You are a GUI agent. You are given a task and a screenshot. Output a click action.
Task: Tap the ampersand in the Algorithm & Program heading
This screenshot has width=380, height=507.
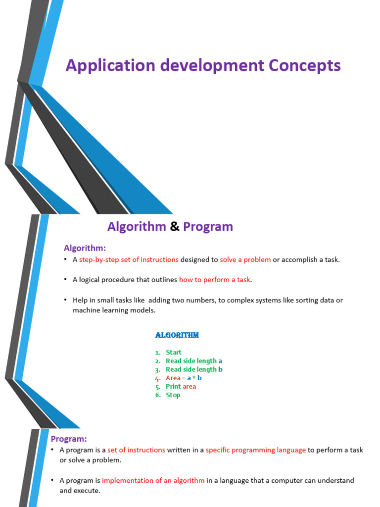coord(174,227)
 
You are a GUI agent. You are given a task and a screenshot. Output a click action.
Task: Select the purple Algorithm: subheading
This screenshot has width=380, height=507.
coord(85,248)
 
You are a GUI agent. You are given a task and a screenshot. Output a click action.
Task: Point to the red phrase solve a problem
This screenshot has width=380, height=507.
coord(245,259)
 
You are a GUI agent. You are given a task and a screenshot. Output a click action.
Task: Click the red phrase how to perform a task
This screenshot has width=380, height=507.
coord(215,280)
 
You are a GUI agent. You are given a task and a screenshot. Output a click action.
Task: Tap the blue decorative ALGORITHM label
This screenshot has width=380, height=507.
coord(177,335)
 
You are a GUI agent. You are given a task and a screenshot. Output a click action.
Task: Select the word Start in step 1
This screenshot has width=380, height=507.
coord(174,353)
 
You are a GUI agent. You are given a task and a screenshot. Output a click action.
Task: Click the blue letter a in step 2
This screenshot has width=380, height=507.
coord(220,361)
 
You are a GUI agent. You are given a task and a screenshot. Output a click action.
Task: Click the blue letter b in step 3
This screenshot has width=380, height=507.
coord(220,369)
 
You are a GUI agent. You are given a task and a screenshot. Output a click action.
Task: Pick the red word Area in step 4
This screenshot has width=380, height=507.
coord(173,378)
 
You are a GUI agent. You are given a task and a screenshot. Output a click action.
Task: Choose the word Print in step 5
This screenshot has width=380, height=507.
coord(173,386)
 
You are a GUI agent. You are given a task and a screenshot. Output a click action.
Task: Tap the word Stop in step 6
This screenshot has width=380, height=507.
coord(173,395)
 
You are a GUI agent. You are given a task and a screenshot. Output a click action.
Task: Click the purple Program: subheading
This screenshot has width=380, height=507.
coord(69,439)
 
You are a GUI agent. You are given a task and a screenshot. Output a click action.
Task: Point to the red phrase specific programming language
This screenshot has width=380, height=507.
coord(255,450)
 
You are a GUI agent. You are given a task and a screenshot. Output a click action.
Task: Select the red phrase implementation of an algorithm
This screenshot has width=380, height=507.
coord(153,480)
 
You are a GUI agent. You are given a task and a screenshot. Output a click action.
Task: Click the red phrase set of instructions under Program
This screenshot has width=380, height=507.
coord(136,450)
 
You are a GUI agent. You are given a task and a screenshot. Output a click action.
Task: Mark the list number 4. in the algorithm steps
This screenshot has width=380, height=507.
coord(158,378)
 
